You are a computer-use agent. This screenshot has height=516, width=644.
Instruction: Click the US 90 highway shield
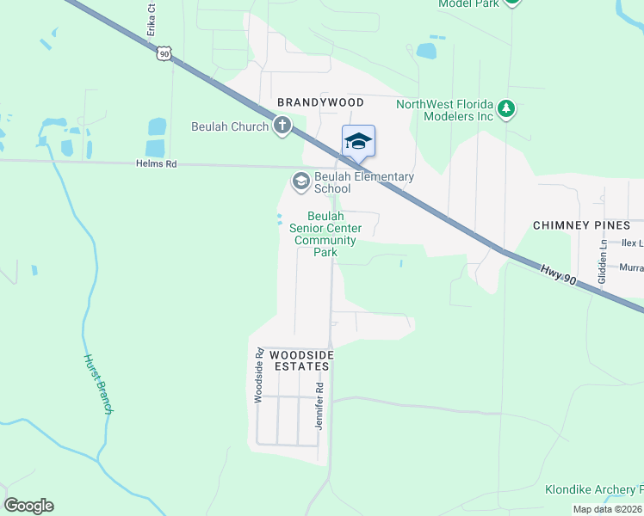(x=165, y=53)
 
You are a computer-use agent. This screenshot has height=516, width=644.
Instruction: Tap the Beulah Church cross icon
(x=282, y=126)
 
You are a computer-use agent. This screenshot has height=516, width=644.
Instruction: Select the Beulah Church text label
(x=230, y=126)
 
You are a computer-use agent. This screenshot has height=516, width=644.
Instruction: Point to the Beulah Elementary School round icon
(x=300, y=180)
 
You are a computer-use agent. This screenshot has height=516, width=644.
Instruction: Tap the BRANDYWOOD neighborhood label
(x=320, y=102)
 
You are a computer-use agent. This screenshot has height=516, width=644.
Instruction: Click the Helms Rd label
(x=156, y=163)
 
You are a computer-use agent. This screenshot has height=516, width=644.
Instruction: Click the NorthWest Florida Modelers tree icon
(x=508, y=109)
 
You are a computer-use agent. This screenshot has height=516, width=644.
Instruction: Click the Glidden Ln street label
(x=603, y=261)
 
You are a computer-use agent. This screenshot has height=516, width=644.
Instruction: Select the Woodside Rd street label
(x=257, y=376)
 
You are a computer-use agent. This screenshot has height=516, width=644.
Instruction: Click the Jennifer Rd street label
(x=318, y=413)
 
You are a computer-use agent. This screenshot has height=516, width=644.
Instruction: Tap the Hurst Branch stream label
(x=97, y=384)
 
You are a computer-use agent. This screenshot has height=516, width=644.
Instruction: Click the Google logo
(x=28, y=506)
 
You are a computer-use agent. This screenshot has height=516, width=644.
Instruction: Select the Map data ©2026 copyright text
(x=607, y=509)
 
